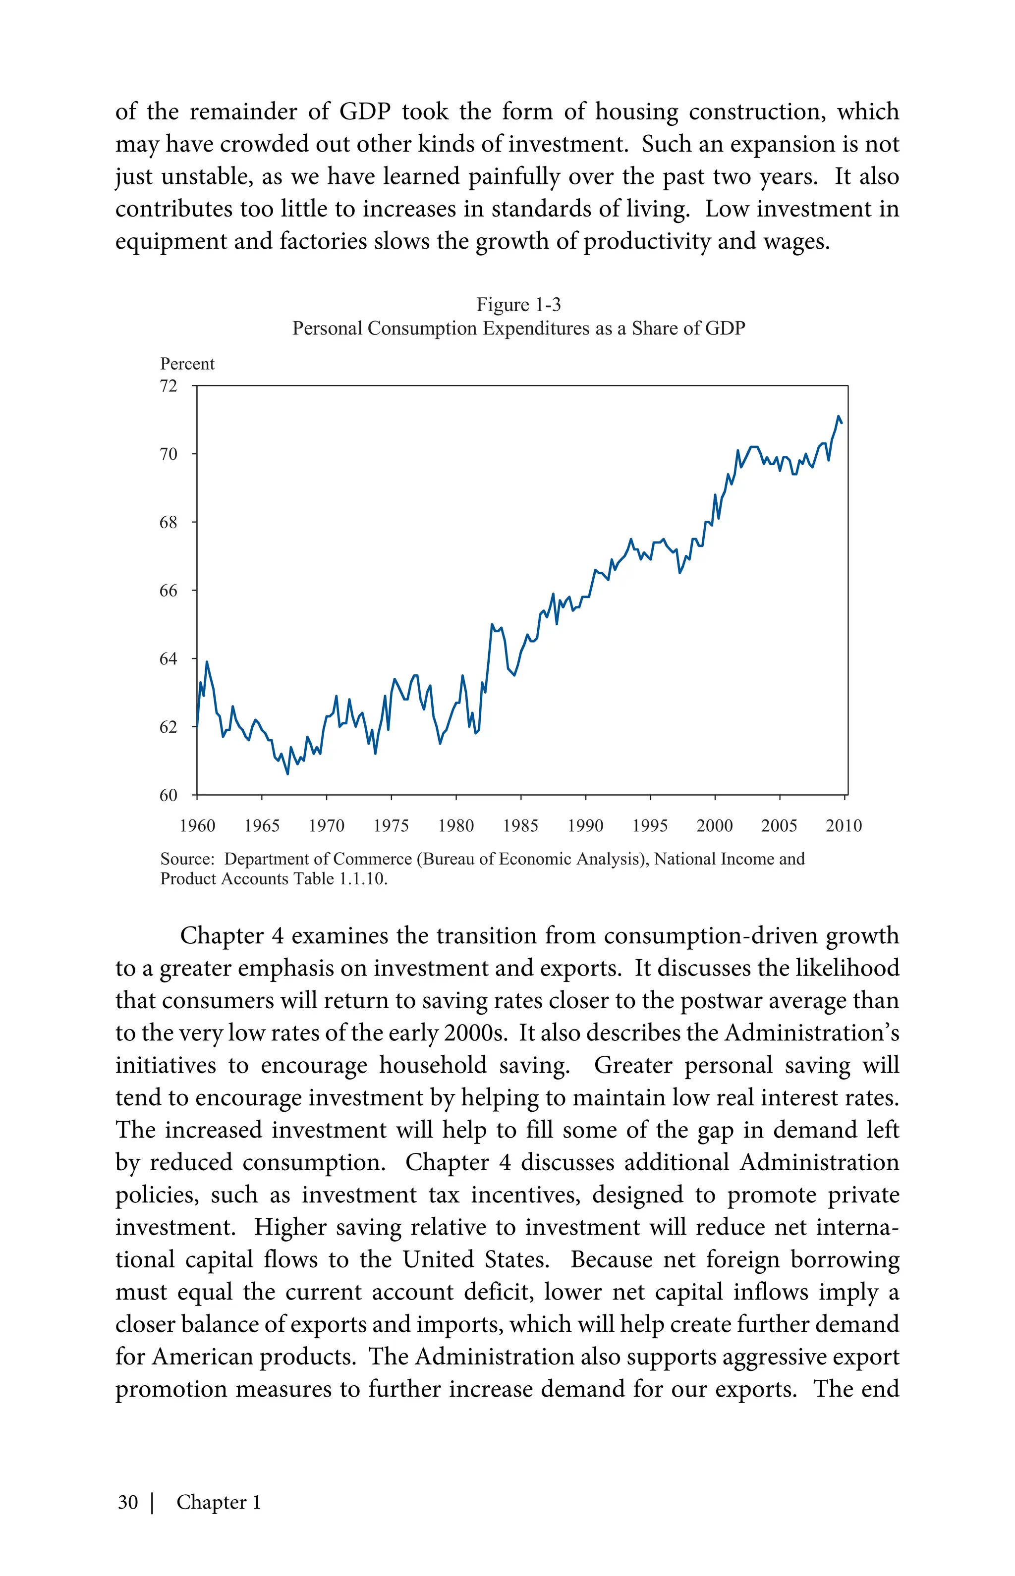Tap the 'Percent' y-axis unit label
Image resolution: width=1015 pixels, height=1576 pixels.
(x=187, y=364)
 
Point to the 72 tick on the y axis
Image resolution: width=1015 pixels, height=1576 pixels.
(x=169, y=386)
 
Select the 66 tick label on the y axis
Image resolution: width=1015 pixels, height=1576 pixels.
(x=169, y=591)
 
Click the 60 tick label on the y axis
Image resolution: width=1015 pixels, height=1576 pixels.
(x=169, y=795)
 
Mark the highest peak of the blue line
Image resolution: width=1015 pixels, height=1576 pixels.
(x=839, y=416)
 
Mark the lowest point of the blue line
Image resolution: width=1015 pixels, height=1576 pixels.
(x=287, y=773)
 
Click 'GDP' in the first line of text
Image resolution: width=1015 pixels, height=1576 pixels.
(x=365, y=111)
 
